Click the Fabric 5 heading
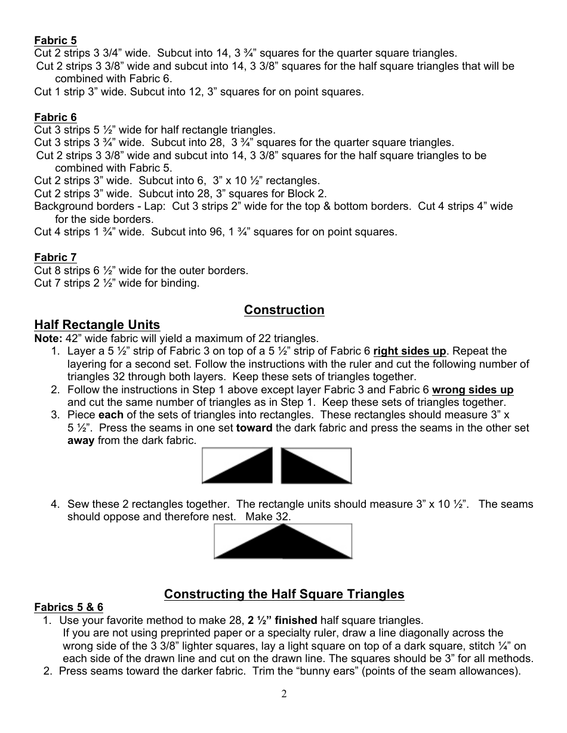[56, 41]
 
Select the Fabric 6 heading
[56, 117]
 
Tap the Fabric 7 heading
[56, 257]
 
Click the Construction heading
[284, 310]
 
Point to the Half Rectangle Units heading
[97, 325]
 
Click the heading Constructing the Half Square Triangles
[284, 594]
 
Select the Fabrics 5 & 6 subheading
[69, 607]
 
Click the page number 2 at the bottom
[284, 694]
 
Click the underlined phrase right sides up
[409, 351]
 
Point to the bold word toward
[258, 428]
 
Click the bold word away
[80, 441]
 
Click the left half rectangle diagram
[238, 465]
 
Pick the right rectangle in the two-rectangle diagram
[316, 465]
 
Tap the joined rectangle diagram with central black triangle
[283, 541]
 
